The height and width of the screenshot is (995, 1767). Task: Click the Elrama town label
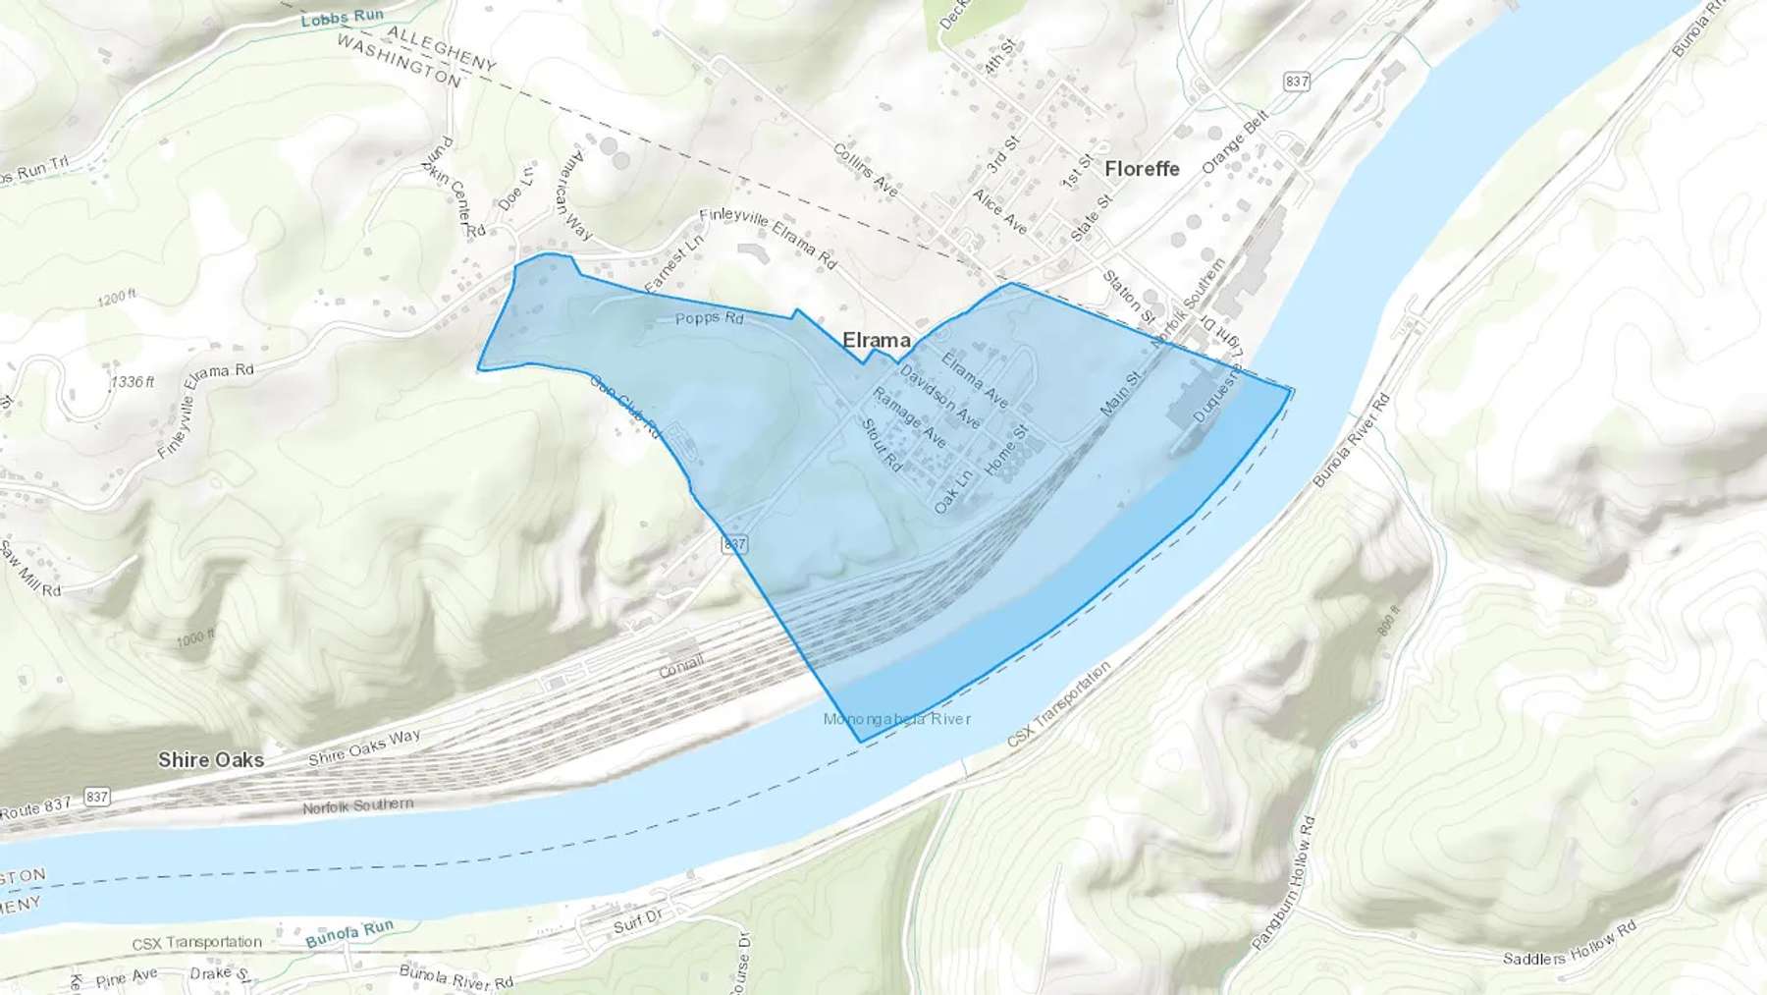point(876,340)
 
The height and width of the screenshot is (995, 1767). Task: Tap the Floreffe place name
point(1142,169)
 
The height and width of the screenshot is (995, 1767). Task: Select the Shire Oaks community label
point(211,759)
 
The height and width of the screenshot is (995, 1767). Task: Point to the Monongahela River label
point(897,719)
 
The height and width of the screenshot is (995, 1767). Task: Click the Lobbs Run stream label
point(342,18)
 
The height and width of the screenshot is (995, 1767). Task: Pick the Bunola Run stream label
point(349,932)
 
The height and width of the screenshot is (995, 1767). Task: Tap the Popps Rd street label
point(710,318)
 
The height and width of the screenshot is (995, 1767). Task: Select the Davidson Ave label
point(939,397)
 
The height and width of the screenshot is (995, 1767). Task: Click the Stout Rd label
point(881,444)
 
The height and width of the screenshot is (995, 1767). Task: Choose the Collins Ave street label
point(865,169)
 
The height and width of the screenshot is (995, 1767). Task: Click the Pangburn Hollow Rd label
point(1283,882)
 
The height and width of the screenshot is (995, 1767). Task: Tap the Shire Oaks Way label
point(364,747)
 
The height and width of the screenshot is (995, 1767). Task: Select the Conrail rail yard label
point(681,666)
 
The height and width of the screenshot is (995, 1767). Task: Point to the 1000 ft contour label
point(196,638)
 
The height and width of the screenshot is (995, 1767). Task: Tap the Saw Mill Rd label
point(29,570)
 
